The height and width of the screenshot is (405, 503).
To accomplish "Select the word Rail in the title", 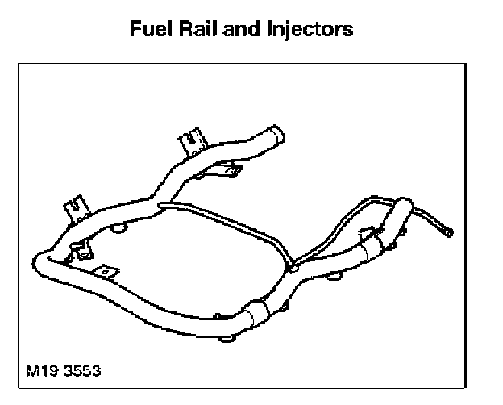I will coord(198,30).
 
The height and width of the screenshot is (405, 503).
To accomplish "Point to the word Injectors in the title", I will coord(309,30).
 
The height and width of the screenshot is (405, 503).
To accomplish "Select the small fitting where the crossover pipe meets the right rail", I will coord(293,263).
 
